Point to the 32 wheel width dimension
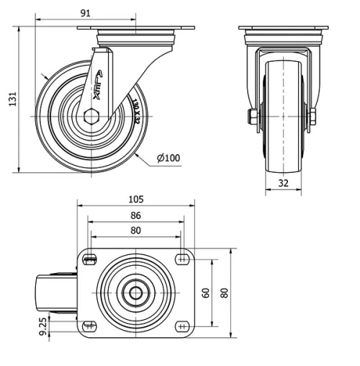point(283,183)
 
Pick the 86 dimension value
point(135,215)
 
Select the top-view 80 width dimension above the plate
point(135,231)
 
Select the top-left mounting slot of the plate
point(90,259)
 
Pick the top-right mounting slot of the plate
point(181,259)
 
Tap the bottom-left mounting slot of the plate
point(90,325)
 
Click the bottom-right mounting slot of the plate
point(181,325)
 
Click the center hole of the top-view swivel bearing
point(135,293)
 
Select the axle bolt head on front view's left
point(253,117)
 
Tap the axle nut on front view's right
point(313,117)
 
